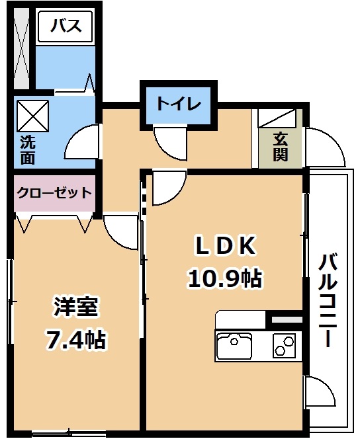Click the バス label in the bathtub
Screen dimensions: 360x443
(66, 26)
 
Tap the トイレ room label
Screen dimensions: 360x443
(179, 104)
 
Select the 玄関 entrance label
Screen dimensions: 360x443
(281, 147)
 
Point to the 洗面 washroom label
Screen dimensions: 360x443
(28, 151)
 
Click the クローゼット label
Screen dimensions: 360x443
(54, 193)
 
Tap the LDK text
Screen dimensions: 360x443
(226, 245)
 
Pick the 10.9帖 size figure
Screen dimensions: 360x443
(225, 278)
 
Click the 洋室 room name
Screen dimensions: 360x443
(75, 307)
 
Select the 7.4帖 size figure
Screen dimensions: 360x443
(75, 340)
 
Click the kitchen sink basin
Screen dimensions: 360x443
(234, 344)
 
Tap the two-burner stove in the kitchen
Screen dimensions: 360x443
(284, 345)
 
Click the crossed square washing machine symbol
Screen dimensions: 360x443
(33, 116)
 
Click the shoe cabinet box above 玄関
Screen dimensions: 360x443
(277, 118)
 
